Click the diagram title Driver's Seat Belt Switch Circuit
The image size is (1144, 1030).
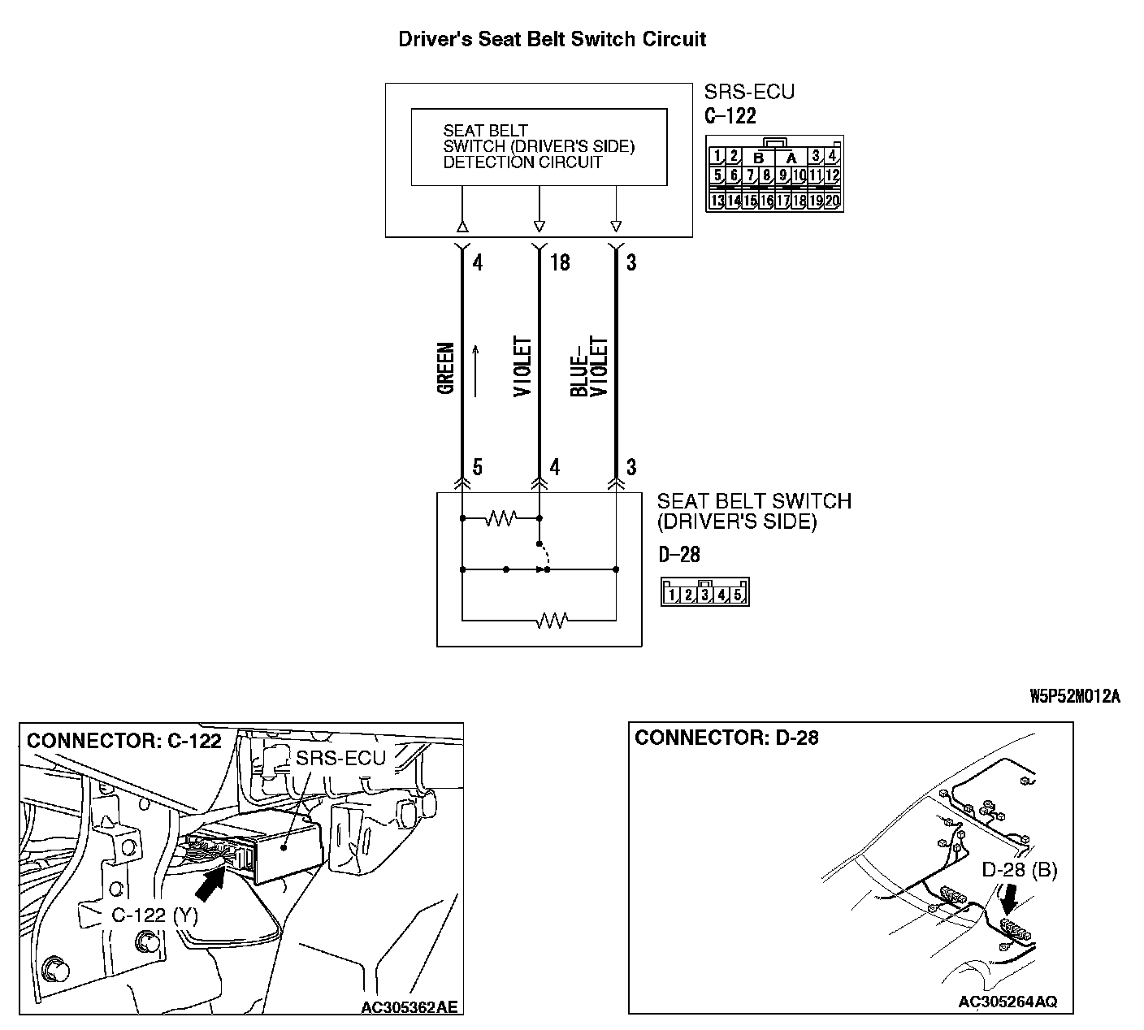coord(552,39)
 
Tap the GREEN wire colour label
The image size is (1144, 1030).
coord(446,369)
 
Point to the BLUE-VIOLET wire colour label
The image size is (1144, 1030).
coord(589,366)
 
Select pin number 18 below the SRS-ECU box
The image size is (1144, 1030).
coord(560,262)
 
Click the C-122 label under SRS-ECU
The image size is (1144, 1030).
coord(730,116)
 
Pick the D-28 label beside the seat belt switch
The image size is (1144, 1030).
coord(678,555)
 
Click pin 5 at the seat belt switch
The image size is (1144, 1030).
coord(477,467)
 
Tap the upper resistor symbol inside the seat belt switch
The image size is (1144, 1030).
coord(500,517)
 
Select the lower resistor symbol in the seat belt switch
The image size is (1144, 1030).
coord(552,621)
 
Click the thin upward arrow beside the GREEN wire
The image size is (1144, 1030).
coord(476,370)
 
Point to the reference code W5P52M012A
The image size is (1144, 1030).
coord(1074,696)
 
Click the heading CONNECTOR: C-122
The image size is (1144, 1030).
coord(123,741)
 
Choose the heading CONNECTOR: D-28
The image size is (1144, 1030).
coord(726,738)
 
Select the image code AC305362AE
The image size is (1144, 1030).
coord(409,1007)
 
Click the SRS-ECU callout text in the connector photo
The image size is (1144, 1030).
coord(340,759)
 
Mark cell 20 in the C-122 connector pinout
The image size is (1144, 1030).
coord(833,201)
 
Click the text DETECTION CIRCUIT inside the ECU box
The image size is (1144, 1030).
coord(522,162)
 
